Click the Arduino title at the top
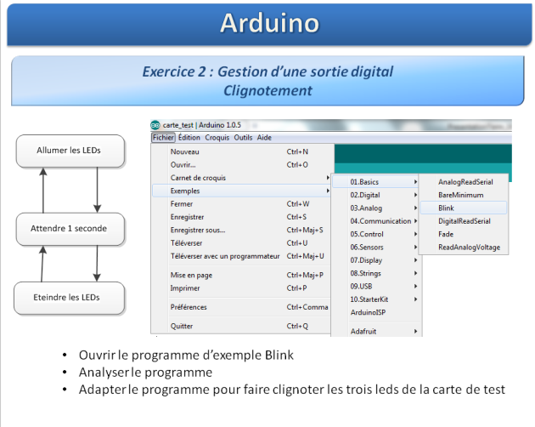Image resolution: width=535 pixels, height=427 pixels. (269, 23)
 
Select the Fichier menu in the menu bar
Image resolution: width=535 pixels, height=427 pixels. (163, 138)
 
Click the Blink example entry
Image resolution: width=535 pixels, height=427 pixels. (446, 208)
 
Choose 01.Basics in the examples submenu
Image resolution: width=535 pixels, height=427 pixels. (364, 182)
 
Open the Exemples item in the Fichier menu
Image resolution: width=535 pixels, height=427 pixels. (185, 191)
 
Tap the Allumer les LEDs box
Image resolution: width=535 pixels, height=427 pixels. (70, 151)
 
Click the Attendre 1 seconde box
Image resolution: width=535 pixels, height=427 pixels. (70, 229)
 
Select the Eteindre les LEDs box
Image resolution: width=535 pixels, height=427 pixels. (69, 298)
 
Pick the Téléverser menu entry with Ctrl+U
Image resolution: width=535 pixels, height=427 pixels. (186, 243)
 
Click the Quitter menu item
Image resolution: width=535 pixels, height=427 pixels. (182, 326)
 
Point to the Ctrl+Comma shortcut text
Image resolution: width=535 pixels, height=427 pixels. (307, 307)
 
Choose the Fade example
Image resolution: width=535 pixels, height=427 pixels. (446, 234)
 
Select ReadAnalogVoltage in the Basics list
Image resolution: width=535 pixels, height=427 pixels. (469, 248)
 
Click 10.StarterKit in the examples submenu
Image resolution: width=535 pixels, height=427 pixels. (369, 299)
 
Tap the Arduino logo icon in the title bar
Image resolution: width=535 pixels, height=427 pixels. (155, 125)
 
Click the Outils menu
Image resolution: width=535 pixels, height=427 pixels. (243, 138)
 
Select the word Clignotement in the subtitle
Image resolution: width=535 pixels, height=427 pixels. (267, 91)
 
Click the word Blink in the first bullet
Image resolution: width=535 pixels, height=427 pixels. (279, 355)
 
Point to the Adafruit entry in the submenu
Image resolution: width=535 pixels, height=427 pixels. (363, 331)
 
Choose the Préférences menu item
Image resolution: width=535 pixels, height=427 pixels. (189, 307)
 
